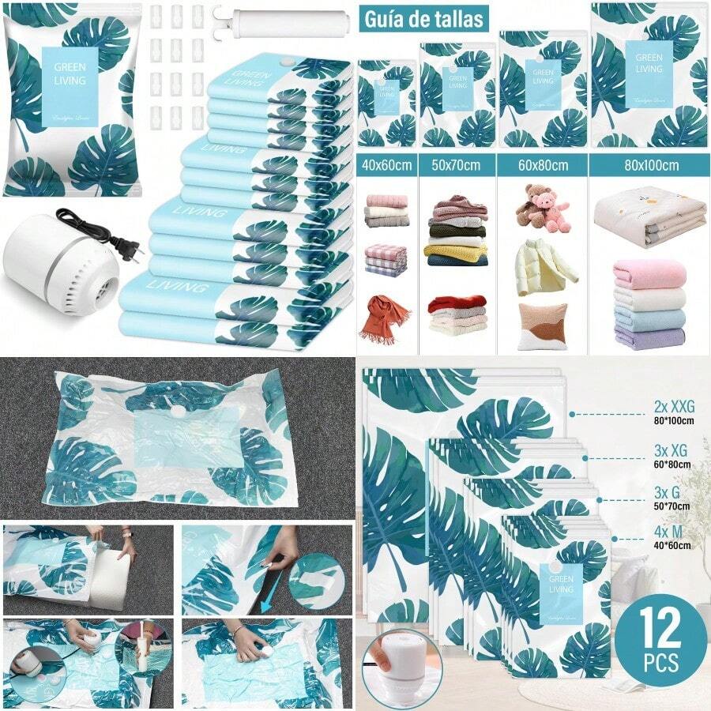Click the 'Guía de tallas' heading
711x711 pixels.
422,18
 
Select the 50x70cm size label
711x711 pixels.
456,166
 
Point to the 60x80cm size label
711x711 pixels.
541,166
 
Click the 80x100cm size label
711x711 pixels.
650,166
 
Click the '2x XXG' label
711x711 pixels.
672,408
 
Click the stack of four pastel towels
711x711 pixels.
649,304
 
